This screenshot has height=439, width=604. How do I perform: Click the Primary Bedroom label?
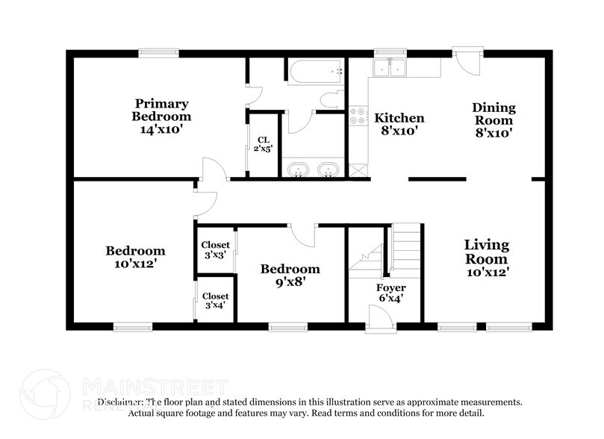click(161, 116)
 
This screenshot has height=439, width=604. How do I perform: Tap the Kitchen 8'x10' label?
click(399, 124)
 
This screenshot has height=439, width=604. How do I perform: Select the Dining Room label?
click(494, 119)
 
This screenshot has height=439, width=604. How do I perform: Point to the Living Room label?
click(487, 258)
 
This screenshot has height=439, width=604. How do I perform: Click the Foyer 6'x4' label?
click(390, 293)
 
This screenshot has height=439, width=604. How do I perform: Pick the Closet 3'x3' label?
click(215, 249)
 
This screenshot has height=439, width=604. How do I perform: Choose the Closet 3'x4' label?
click(215, 301)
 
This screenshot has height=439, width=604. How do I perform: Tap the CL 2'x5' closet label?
click(264, 144)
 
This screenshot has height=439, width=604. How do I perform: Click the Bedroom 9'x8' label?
click(290, 275)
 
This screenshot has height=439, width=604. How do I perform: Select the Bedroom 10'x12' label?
click(135, 257)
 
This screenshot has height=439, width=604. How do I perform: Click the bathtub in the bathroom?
click(316, 71)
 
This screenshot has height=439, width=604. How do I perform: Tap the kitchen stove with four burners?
click(358, 116)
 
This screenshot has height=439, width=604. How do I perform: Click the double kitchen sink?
click(390, 68)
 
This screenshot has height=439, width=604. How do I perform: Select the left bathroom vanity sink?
click(298, 169)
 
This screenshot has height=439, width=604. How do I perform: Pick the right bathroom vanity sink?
click(329, 169)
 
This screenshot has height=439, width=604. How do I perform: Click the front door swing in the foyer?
click(381, 318)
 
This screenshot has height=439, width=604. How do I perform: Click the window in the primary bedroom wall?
click(159, 53)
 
